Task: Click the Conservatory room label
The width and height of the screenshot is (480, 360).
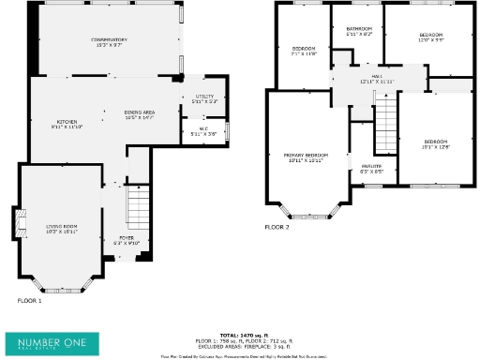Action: point(109,41)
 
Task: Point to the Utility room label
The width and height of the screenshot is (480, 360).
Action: point(204,97)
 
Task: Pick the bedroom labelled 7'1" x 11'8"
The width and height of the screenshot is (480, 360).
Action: point(304,51)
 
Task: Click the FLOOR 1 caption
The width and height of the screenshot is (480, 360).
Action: point(30,301)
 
